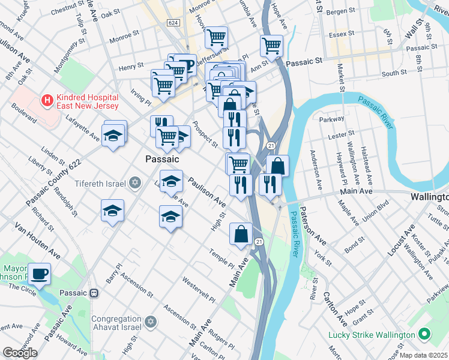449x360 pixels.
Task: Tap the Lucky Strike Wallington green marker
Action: click(424, 334)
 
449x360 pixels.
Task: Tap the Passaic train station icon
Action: click(94, 293)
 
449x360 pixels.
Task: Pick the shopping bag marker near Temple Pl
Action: click(241, 234)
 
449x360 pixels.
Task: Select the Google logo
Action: click(20, 353)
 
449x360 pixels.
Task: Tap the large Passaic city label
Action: click(162, 160)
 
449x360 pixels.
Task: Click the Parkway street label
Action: click(332, 119)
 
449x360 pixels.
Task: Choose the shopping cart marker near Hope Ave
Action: click(272, 44)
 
